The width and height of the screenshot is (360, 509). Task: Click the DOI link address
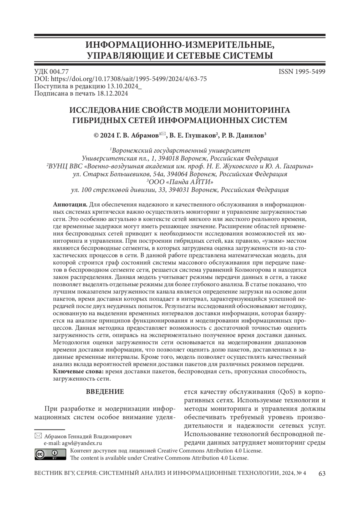coord(129,79)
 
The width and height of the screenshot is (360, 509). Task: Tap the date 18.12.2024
coord(112,94)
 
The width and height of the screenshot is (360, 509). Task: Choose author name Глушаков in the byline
coord(199,136)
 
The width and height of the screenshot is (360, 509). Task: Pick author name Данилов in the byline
coord(250,136)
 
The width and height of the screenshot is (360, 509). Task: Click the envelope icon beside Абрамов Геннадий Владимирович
coord(38,436)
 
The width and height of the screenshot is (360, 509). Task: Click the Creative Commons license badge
coord(50,454)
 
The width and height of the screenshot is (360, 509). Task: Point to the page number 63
coord(322,474)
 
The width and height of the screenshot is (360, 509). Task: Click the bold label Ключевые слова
coord(78,372)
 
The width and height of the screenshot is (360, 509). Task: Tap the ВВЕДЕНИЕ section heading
coord(105,392)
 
